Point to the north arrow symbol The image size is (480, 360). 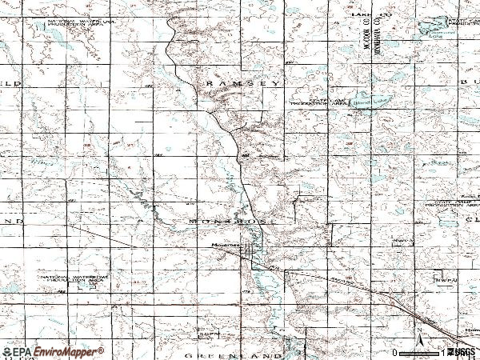418,332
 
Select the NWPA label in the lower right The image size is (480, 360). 444,280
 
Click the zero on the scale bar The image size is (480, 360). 394,352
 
